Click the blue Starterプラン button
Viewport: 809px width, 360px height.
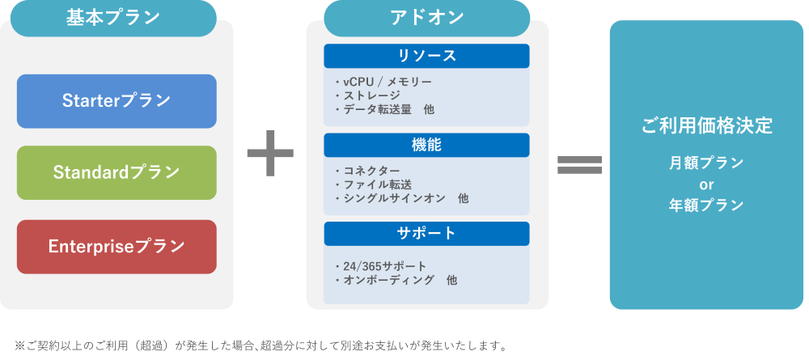(x=116, y=101)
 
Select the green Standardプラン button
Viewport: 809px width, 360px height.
(x=116, y=172)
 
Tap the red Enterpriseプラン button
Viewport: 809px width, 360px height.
(x=116, y=246)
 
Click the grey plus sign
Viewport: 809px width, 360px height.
(x=270, y=155)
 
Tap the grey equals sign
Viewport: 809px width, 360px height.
(x=580, y=164)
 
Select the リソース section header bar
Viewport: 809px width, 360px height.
(x=426, y=56)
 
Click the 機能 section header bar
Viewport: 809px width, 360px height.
(x=426, y=146)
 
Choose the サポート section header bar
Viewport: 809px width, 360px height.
(x=426, y=234)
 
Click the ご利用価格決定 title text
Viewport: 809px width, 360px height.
(x=706, y=126)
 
